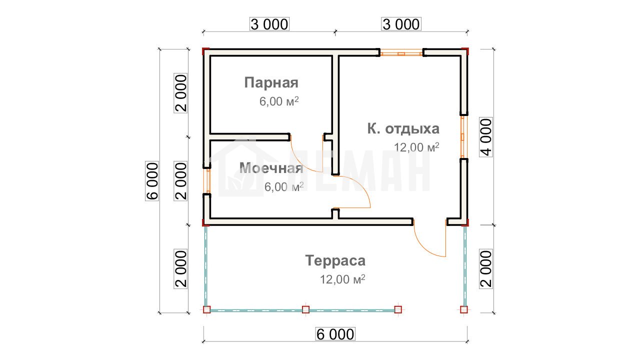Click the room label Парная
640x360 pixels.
pyautogui.click(x=271, y=83)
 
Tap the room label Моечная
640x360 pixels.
pyautogui.click(x=271, y=167)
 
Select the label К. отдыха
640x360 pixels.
pyautogui.click(x=403, y=129)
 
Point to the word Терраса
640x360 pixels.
pyautogui.click(x=335, y=260)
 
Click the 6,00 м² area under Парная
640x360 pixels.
pyautogui.click(x=279, y=101)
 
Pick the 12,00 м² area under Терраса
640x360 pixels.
pyautogui.click(x=342, y=279)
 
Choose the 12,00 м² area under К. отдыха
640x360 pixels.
pyautogui.click(x=416, y=147)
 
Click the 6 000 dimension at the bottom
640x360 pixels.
pyautogui.click(x=335, y=334)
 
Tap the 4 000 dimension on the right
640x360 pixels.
pyautogui.click(x=486, y=137)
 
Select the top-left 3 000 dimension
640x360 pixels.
pyautogui.click(x=269, y=24)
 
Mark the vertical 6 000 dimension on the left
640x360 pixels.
pyautogui.click(x=152, y=181)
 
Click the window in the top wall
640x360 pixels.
pyautogui.click(x=401, y=53)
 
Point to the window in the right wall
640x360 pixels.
pyautogui.click(x=464, y=137)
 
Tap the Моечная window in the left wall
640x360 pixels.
pyautogui.click(x=207, y=181)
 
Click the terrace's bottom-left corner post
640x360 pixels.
pyautogui.click(x=207, y=309)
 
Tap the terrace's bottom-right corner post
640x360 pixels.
pyautogui.click(x=464, y=309)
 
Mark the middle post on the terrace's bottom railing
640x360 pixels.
pyautogui.click(x=305, y=309)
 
